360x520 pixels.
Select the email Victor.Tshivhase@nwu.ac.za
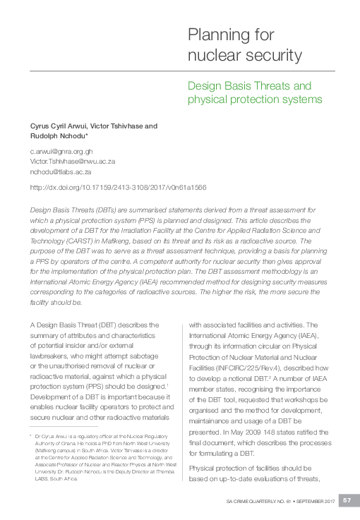click(x=73, y=161)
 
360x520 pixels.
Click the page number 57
click(x=347, y=500)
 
